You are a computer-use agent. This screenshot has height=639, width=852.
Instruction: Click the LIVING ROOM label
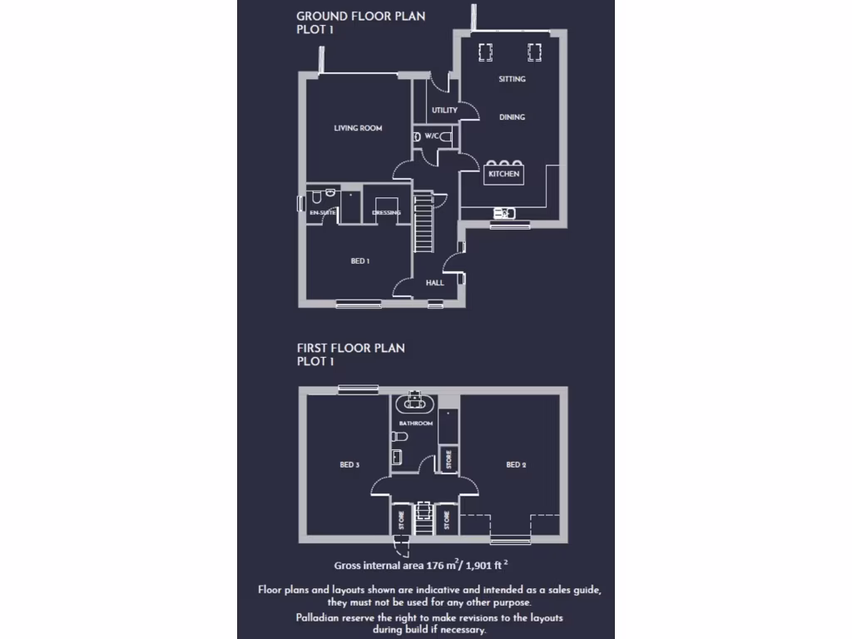pos(358,128)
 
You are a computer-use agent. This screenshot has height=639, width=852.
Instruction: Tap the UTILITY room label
pos(444,111)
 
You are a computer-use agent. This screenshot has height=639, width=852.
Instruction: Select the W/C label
pos(432,136)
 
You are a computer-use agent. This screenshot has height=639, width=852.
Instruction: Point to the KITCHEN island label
pos(503,174)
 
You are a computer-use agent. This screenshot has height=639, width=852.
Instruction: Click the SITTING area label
pos(512,79)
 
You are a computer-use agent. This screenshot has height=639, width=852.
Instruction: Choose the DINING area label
pos(512,117)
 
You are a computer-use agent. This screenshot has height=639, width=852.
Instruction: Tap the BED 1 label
pos(359,261)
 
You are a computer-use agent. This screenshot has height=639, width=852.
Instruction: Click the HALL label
pos(434,283)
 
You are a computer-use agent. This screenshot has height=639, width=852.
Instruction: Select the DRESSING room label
pos(386,213)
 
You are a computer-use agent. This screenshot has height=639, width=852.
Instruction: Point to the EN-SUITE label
pos(323,213)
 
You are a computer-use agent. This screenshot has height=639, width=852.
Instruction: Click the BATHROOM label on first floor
pos(415,424)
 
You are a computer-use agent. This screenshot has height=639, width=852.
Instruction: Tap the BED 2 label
pos(516,465)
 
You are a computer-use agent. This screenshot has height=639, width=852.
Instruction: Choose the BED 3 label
pos(349,465)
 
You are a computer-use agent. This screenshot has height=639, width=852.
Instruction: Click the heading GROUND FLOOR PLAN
pos(361,16)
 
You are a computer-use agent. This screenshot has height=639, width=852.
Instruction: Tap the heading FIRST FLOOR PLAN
pos(351,348)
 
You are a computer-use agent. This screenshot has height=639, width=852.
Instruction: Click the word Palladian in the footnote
pos(320,617)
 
